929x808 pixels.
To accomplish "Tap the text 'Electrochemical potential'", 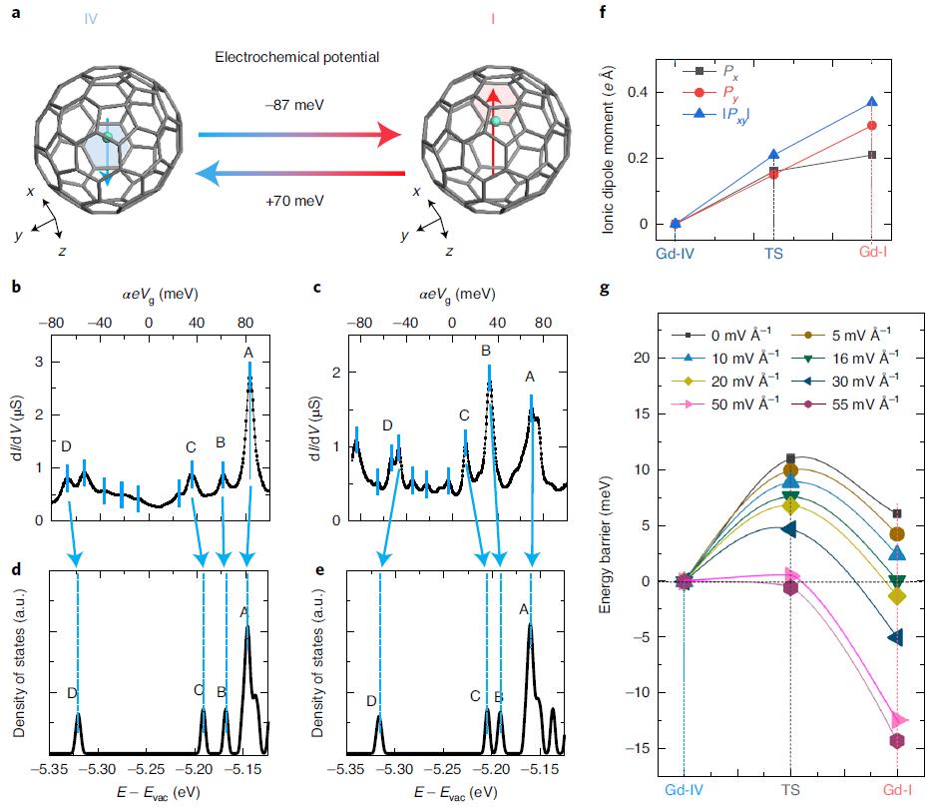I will pos(297,57).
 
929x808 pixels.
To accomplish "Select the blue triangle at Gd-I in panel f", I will pos(872,102).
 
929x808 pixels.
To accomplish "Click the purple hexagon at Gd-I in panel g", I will pos(897,740).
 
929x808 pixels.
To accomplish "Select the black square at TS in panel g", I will pos(790,457).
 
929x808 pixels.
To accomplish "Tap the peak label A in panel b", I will pos(248,352).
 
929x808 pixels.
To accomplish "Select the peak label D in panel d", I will pos(71,692).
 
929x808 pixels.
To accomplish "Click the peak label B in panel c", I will pos(486,351).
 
